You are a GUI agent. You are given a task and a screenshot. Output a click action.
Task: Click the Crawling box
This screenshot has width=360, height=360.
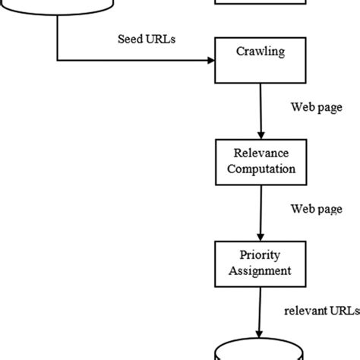click(261, 60)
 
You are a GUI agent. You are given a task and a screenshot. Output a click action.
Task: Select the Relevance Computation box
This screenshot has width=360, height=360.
click(261, 161)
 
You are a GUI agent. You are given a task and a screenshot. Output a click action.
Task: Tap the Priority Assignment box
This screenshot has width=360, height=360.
click(261, 261)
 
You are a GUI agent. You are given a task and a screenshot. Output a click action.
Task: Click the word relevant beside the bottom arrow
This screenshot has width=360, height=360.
click(304, 311)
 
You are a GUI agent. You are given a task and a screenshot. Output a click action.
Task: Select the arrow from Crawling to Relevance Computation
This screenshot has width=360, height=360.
click(261, 111)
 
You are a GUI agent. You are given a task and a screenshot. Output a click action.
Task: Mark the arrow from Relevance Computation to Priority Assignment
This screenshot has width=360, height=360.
click(261, 211)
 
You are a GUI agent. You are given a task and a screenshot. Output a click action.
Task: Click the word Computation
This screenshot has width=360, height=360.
click(261, 169)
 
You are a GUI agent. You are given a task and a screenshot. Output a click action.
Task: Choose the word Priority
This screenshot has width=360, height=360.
click(261, 254)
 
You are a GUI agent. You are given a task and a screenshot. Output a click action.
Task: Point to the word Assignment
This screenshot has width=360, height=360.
click(261, 270)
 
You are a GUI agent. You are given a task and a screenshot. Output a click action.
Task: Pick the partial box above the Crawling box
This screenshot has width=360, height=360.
click(261, 4)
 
